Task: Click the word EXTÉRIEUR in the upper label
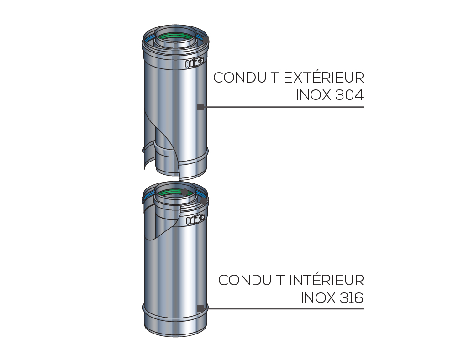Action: point(324,78)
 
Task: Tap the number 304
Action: point(349,95)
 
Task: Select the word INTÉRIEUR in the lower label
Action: point(327,280)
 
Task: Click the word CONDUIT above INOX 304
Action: point(246,78)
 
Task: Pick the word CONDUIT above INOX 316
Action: point(251,280)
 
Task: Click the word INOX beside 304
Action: point(313,95)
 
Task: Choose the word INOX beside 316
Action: point(319,298)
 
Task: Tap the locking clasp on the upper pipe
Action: point(195,63)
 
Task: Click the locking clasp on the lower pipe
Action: point(196,220)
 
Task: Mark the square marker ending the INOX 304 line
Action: point(200,107)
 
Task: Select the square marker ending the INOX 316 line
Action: point(200,308)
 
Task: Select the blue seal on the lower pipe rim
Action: point(149,198)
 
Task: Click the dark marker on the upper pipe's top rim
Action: point(206,40)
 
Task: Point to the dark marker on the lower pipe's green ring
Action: point(184,192)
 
